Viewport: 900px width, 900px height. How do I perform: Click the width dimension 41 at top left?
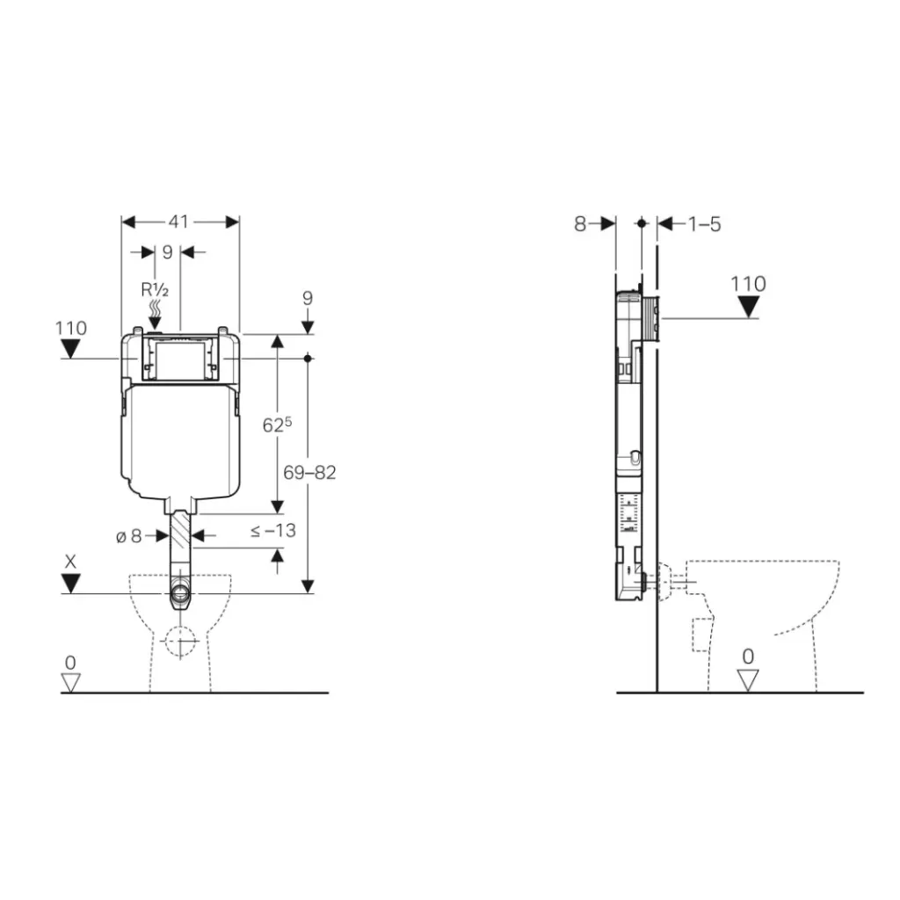pyautogui.click(x=178, y=221)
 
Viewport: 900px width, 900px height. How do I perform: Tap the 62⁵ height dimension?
pyautogui.click(x=277, y=426)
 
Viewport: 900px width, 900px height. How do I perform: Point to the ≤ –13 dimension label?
pyautogui.click(x=272, y=531)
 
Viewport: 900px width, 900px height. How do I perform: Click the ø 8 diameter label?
pyautogui.click(x=129, y=535)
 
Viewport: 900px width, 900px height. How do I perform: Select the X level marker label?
pyautogui.click(x=70, y=560)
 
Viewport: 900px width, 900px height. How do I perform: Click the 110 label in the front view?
pyautogui.click(x=71, y=328)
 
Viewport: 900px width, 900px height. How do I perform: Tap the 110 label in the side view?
pyautogui.click(x=748, y=284)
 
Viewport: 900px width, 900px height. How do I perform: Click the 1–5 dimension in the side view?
pyautogui.click(x=703, y=224)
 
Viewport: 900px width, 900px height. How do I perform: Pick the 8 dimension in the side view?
pyautogui.click(x=580, y=224)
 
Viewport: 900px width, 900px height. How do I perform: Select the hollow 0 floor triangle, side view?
pyautogui.click(x=748, y=679)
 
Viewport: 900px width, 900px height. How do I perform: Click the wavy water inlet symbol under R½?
pyautogui.click(x=155, y=308)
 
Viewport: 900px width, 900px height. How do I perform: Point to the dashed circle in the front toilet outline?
pyautogui.click(x=180, y=642)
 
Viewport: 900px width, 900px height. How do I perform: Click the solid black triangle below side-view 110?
pyautogui.click(x=748, y=307)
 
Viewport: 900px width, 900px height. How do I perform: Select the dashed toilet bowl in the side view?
pyautogui.click(x=760, y=615)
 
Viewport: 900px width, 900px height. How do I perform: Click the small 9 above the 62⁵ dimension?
pyautogui.click(x=307, y=298)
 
